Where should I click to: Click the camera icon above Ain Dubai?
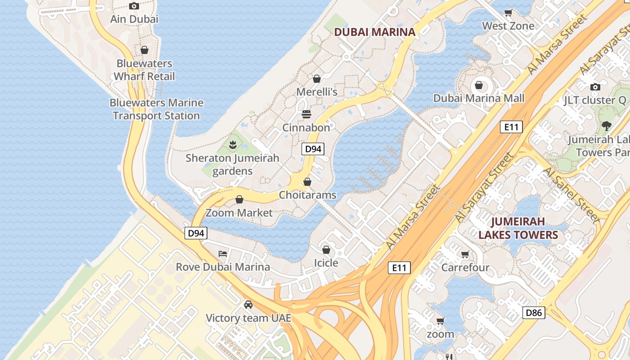(134, 6)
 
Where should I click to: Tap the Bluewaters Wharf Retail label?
(144, 70)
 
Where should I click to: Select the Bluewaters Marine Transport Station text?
(156, 109)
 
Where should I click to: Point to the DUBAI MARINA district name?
(375, 32)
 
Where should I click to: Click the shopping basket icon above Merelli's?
(317, 79)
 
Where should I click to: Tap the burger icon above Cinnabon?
(306, 114)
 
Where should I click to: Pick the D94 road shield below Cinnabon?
(313, 149)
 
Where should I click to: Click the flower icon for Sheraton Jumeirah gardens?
(233, 145)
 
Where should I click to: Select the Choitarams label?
(307, 195)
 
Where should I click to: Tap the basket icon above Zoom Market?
(239, 199)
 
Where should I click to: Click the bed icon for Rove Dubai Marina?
(223, 254)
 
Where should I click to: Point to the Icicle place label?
(326, 263)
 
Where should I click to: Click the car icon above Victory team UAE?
(248, 305)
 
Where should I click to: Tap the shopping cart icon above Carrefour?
(465, 255)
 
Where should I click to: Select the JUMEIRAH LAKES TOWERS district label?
(518, 228)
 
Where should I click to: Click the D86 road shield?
(534, 313)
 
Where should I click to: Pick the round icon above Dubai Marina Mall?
(479, 85)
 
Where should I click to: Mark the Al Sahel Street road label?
(571, 195)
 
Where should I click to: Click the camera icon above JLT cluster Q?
(595, 87)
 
